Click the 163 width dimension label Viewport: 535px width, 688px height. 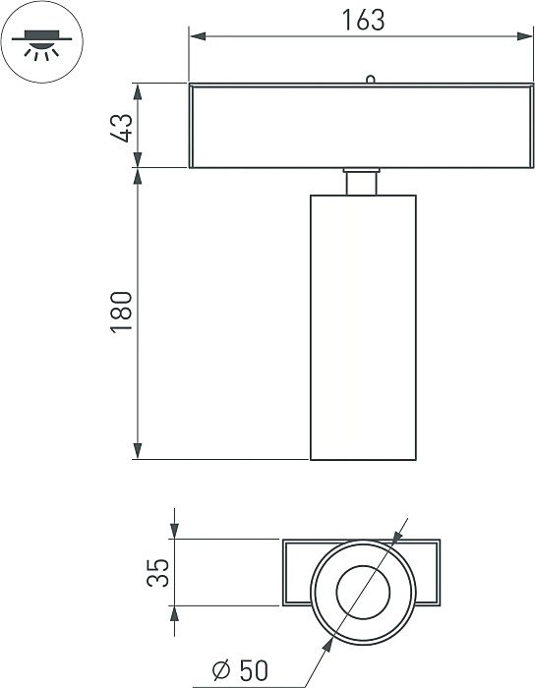pyautogui.click(x=357, y=21)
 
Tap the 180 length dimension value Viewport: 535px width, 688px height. pyautogui.click(x=122, y=312)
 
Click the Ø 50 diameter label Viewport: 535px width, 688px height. pyautogui.click(x=239, y=671)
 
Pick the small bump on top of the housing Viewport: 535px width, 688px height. pyautogui.click(x=369, y=80)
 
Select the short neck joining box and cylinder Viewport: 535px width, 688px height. pyautogui.click(x=362, y=182)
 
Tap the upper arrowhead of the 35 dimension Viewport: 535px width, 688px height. pyautogui.click(x=174, y=532)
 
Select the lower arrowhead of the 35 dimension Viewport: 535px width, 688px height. pyautogui.click(x=174, y=613)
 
